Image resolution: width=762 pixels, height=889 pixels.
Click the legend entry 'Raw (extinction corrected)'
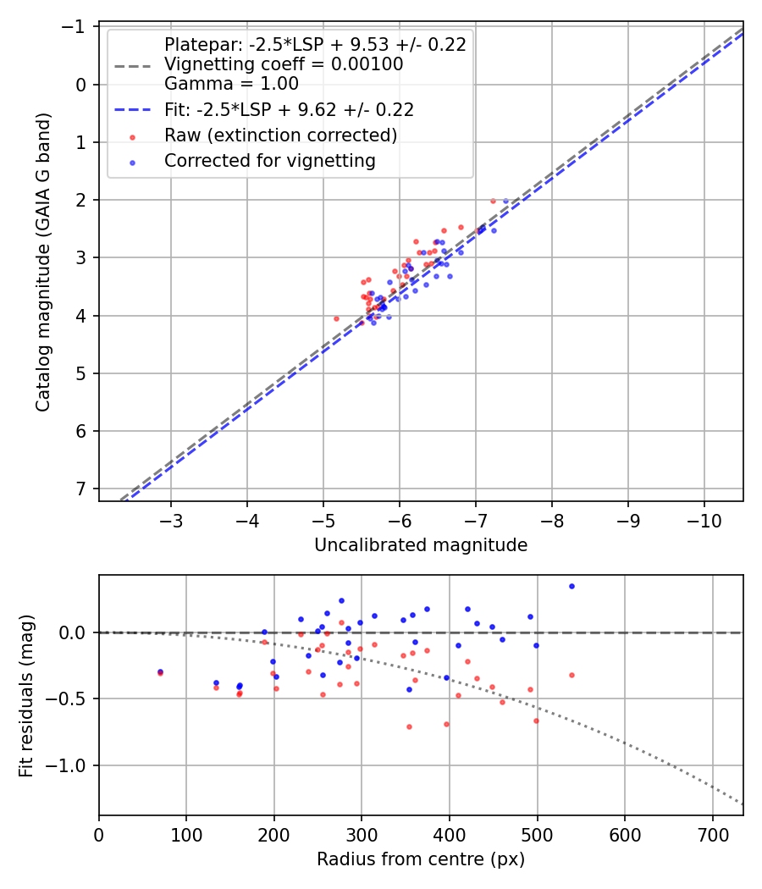pyautogui.click(x=280, y=135)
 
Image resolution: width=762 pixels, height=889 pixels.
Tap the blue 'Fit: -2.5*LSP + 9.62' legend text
pyautogui.click(x=289, y=110)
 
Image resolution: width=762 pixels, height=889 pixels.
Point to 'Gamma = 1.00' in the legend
pyautogui.click(x=231, y=84)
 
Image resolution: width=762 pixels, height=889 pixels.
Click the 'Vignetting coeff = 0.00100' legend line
pyautogui.click(x=284, y=64)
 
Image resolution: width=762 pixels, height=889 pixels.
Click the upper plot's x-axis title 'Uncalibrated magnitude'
pyautogui.click(x=421, y=545)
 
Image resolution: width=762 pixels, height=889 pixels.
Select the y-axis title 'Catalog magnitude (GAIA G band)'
pyautogui.click(x=43, y=262)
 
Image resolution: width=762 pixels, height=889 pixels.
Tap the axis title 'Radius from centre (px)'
pyautogui.click(x=421, y=859)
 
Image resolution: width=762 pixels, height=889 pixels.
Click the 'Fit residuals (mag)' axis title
pyautogui.click(x=26, y=695)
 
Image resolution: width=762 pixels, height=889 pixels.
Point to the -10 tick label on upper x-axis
pyautogui.click(x=704, y=519)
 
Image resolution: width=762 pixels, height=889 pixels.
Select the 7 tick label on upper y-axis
pyautogui.click(x=81, y=489)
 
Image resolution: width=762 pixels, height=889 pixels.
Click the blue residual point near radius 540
pyautogui.click(x=571, y=586)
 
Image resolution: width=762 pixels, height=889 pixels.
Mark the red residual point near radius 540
pyautogui.click(x=571, y=675)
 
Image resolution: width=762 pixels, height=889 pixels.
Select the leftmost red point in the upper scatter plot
pyautogui.click(x=336, y=318)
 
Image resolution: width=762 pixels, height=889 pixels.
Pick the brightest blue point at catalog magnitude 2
pyautogui.click(x=505, y=201)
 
